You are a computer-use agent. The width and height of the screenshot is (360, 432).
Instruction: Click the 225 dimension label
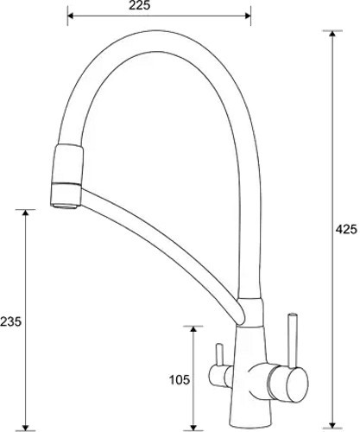coord(139,5)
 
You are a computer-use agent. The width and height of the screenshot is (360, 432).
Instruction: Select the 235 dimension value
coord(11,321)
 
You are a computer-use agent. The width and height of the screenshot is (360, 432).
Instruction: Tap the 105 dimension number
coord(180,380)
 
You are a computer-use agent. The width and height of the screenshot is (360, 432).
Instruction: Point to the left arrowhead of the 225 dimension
coord(71,16)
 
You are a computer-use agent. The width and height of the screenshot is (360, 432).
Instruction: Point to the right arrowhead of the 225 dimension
coord(248,16)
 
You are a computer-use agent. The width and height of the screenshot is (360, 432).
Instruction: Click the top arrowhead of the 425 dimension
coord(332,34)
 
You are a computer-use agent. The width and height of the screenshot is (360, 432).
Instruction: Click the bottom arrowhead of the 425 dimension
coord(332,424)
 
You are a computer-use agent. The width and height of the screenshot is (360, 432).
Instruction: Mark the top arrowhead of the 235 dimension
coord(26,213)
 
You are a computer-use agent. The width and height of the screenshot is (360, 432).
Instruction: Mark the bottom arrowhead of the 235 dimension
coord(26,428)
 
